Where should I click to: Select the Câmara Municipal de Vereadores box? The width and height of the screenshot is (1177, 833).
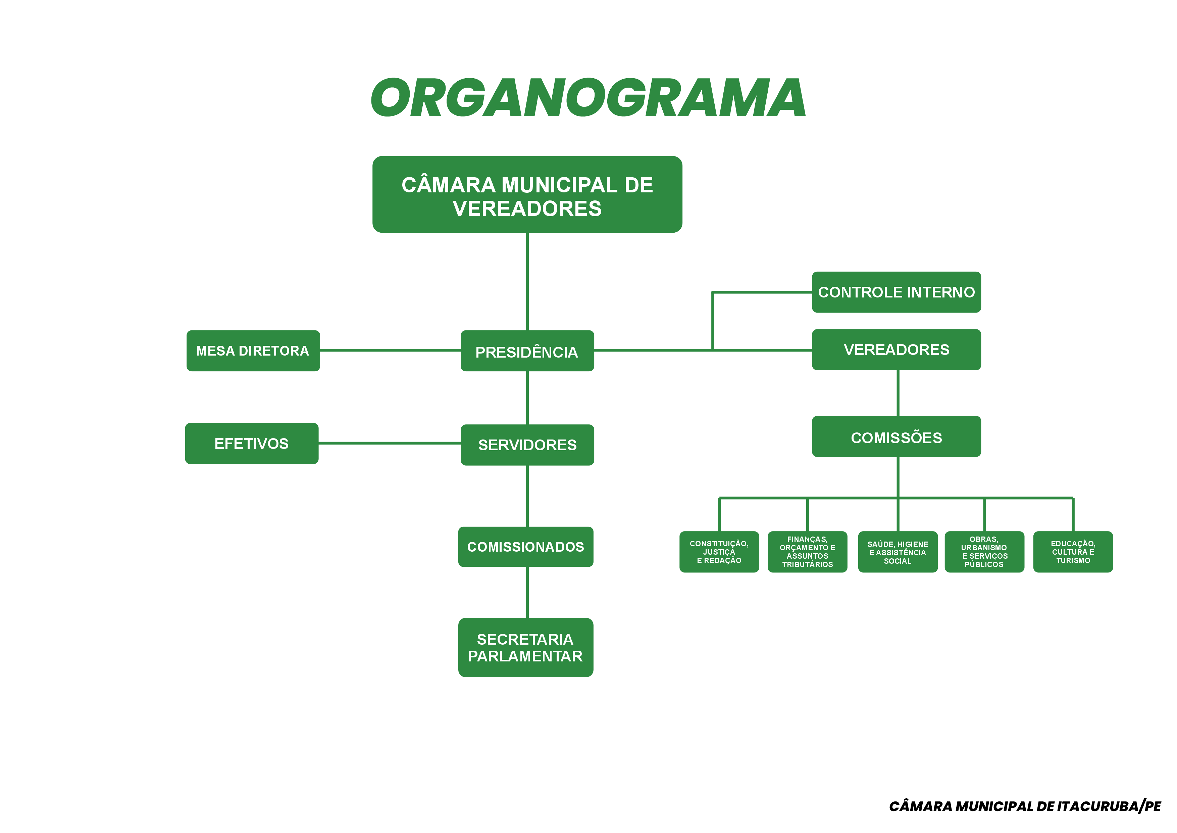pyautogui.click(x=527, y=194)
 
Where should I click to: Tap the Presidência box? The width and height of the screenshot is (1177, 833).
pyautogui.click(x=527, y=351)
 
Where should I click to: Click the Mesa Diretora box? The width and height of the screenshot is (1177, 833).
pyautogui.click(x=253, y=351)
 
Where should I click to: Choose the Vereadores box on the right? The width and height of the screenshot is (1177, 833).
pyautogui.click(x=896, y=350)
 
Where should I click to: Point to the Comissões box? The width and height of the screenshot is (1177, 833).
pyautogui.click(x=896, y=436)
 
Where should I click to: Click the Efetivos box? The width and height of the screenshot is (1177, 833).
pyautogui.click(x=252, y=444)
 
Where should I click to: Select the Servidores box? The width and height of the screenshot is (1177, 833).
pyautogui.click(x=527, y=445)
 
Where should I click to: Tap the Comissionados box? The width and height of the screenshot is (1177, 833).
pyautogui.click(x=525, y=547)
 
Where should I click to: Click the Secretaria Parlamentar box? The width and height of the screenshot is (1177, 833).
pyautogui.click(x=525, y=647)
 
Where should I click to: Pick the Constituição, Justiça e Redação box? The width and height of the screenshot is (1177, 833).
pyautogui.click(x=719, y=552)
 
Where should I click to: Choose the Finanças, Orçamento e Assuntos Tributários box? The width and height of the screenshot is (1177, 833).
pyautogui.click(x=807, y=552)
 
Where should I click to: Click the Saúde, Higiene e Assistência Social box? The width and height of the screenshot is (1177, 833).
pyautogui.click(x=898, y=552)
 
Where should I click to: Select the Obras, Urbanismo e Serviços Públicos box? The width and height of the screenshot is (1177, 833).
pyautogui.click(x=984, y=552)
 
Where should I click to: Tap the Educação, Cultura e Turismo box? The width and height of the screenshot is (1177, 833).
pyautogui.click(x=1073, y=552)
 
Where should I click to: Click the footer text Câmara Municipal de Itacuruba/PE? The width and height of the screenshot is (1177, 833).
pyautogui.click(x=1025, y=806)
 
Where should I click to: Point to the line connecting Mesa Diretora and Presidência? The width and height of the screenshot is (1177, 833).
pyautogui.click(x=391, y=350)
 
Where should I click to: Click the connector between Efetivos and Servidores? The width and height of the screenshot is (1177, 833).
pyautogui.click(x=390, y=443)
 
